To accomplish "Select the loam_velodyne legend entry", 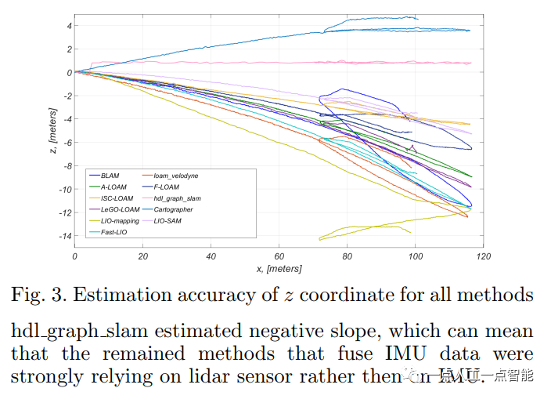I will pos(173,176).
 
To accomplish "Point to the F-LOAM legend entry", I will pos(165,187).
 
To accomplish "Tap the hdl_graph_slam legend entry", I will pos(177,198).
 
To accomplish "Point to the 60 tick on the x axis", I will pos(279,256).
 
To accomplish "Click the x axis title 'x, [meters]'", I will pos(278,269).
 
